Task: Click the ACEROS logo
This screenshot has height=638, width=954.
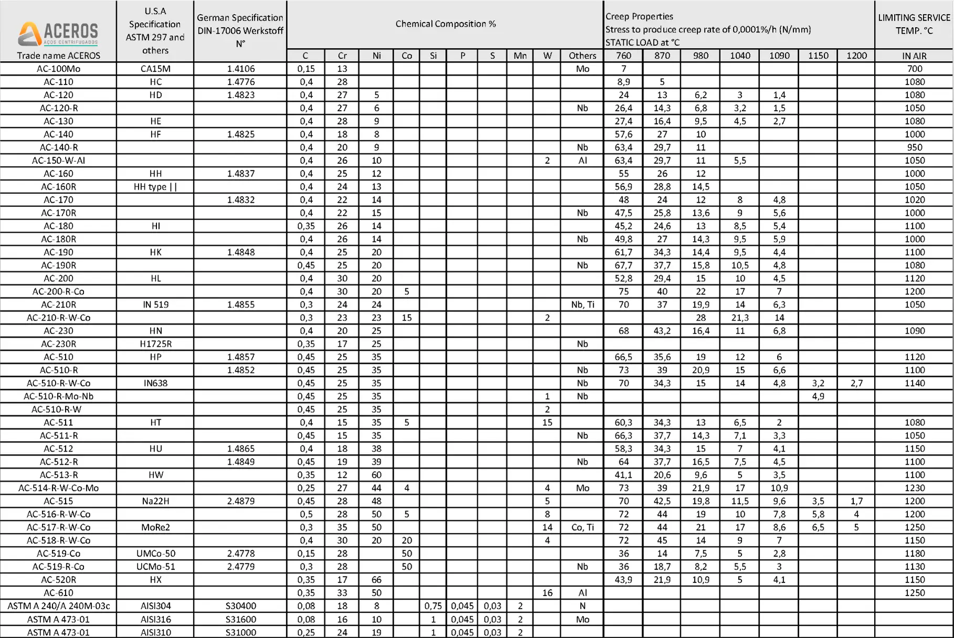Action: pos(58,33)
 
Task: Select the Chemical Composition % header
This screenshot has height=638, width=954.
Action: pos(445,24)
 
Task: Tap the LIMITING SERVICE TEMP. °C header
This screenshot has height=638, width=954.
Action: pos(914,24)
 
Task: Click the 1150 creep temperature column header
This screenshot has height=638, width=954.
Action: pos(817,56)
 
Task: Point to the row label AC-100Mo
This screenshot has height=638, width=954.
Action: pos(58,69)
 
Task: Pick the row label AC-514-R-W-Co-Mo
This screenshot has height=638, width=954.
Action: pos(58,488)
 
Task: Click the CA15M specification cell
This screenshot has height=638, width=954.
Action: pos(155,69)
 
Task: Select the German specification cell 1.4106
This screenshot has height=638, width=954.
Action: pos(240,69)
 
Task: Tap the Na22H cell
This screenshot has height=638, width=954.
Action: pos(155,501)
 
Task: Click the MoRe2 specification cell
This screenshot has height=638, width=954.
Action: pos(155,527)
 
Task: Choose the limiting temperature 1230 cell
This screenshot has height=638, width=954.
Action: pos(914,488)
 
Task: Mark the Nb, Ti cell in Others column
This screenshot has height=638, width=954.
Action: pos(582,305)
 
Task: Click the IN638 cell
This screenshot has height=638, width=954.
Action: pos(155,383)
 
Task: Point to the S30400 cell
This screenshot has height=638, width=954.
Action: pos(240,606)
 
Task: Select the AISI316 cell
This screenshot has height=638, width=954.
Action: pos(155,619)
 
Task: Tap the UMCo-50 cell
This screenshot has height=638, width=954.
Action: pos(155,553)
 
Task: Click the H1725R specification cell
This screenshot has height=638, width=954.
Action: pos(155,344)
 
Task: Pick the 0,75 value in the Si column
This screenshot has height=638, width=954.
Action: pos(433,606)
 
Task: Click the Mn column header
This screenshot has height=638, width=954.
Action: pos(520,56)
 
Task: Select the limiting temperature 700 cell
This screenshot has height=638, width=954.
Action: pos(914,69)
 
